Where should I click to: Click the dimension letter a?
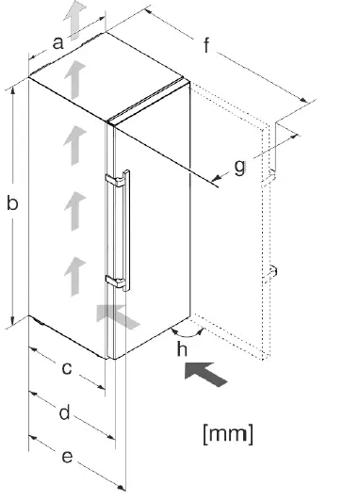57,41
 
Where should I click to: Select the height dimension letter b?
13,202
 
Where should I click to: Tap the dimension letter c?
66,369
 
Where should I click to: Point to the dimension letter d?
66,412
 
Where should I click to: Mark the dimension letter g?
240,167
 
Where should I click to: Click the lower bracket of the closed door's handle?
115,279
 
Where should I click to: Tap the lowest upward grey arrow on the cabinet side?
70,275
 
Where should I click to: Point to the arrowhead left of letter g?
220,176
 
